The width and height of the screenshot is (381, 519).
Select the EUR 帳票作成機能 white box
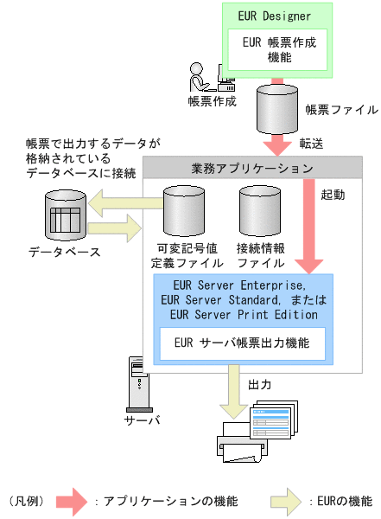pos(278,49)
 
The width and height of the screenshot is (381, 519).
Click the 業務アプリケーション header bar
pos(251,167)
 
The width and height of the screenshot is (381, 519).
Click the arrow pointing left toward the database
pos(126,203)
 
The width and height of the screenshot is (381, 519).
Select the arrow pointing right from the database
pos(113,230)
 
